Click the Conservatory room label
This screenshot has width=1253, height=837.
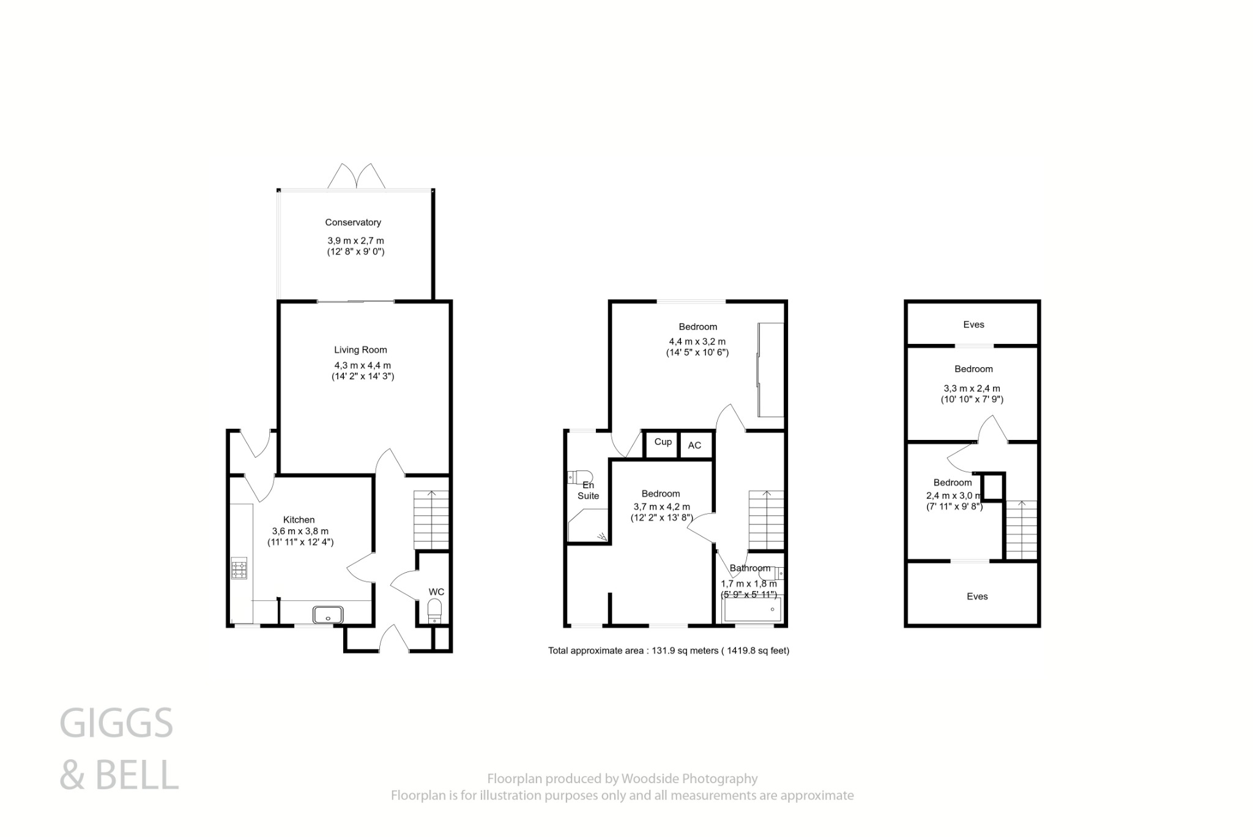tap(353, 223)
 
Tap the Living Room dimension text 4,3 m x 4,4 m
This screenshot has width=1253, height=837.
tap(362, 365)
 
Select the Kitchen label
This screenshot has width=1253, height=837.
tap(299, 519)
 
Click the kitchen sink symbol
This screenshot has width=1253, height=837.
tap(328, 614)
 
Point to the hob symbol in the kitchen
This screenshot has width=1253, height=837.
tap(239, 569)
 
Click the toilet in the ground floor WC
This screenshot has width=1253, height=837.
tap(434, 610)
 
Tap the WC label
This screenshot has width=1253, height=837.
tap(436, 592)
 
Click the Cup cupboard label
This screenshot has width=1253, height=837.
tap(663, 442)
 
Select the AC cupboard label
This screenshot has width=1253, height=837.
tap(694, 445)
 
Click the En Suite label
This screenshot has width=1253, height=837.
tap(588, 490)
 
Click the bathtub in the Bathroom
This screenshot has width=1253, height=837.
tap(752, 610)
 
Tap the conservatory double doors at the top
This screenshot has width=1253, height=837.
tap(357, 176)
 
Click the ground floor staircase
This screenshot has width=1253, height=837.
tap(431, 520)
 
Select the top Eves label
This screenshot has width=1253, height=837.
tap(973, 324)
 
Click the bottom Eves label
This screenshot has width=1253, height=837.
tap(977, 596)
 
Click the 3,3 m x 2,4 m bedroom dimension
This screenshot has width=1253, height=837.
tap(972, 389)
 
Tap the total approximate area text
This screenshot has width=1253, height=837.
tap(669, 650)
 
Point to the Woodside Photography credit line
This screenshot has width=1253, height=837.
tap(622, 779)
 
